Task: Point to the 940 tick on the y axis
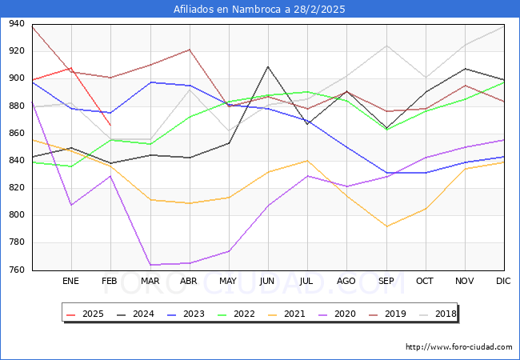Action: [16, 24]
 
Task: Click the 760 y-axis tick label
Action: [16, 270]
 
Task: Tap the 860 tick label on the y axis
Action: [16, 134]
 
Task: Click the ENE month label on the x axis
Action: [71, 282]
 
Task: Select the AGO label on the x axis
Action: [346, 282]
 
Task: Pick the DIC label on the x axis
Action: [503, 282]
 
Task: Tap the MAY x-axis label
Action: [228, 282]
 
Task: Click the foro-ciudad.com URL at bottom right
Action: [458, 347]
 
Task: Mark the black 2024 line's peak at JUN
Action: [268, 66]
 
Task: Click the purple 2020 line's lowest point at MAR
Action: [150, 265]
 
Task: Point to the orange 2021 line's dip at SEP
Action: [386, 226]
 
